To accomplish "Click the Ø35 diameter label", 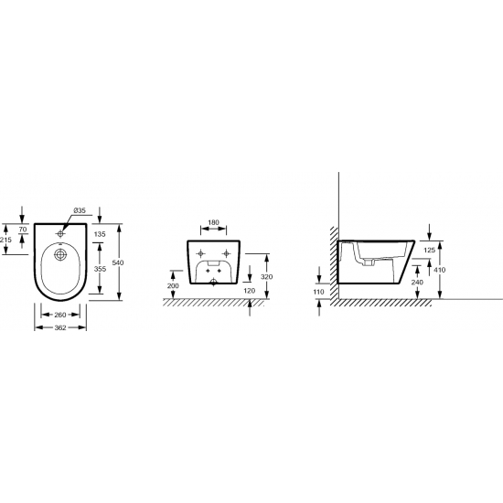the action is coord(80,210).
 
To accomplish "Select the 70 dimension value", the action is coord(23,230).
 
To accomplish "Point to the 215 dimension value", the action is coord(5,240).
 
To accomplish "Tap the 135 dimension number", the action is coord(100,234).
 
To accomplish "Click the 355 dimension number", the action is coord(100,269).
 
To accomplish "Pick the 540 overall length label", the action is coord(118,262).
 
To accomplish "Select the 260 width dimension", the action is coord(60,315).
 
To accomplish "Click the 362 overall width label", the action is coord(60,327).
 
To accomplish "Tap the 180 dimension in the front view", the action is coord(213,222).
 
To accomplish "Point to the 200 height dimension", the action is coord(173,285).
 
